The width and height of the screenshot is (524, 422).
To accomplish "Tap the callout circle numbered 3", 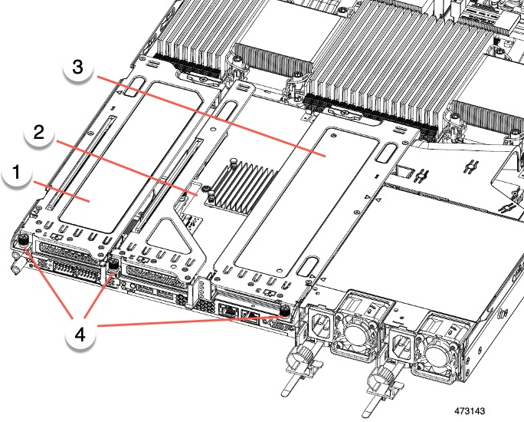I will [x=77, y=68].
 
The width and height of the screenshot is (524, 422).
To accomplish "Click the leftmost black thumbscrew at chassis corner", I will [x=23, y=242].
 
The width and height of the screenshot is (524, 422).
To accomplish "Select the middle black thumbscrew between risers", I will [x=114, y=265].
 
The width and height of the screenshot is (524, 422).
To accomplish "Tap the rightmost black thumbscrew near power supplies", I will [x=285, y=312].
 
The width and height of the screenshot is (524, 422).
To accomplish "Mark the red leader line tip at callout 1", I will [x=91, y=202].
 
